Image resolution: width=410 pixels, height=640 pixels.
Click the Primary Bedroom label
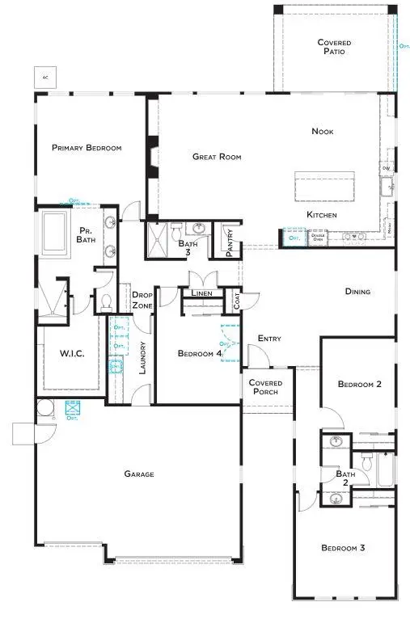click(x=87, y=148)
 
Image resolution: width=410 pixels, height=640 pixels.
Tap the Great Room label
click(x=217, y=157)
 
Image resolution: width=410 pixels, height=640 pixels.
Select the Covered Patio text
click(x=330, y=47)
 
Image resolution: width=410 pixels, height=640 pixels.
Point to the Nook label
click(x=323, y=131)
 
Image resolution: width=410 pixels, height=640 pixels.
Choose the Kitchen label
click(x=321, y=215)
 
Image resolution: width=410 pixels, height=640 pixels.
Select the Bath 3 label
click(x=188, y=247)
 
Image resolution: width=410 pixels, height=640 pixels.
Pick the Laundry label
click(x=142, y=358)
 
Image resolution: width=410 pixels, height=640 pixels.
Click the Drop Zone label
click(x=142, y=300)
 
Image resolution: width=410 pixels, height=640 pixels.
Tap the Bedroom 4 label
click(x=200, y=353)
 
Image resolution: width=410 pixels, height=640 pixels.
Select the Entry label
click(x=269, y=339)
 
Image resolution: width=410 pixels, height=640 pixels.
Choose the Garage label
click(x=138, y=474)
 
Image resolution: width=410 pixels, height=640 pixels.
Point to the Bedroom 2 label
click(x=360, y=385)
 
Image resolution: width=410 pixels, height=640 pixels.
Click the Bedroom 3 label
click(x=343, y=548)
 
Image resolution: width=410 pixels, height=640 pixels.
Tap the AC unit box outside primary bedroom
click(x=42, y=78)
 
